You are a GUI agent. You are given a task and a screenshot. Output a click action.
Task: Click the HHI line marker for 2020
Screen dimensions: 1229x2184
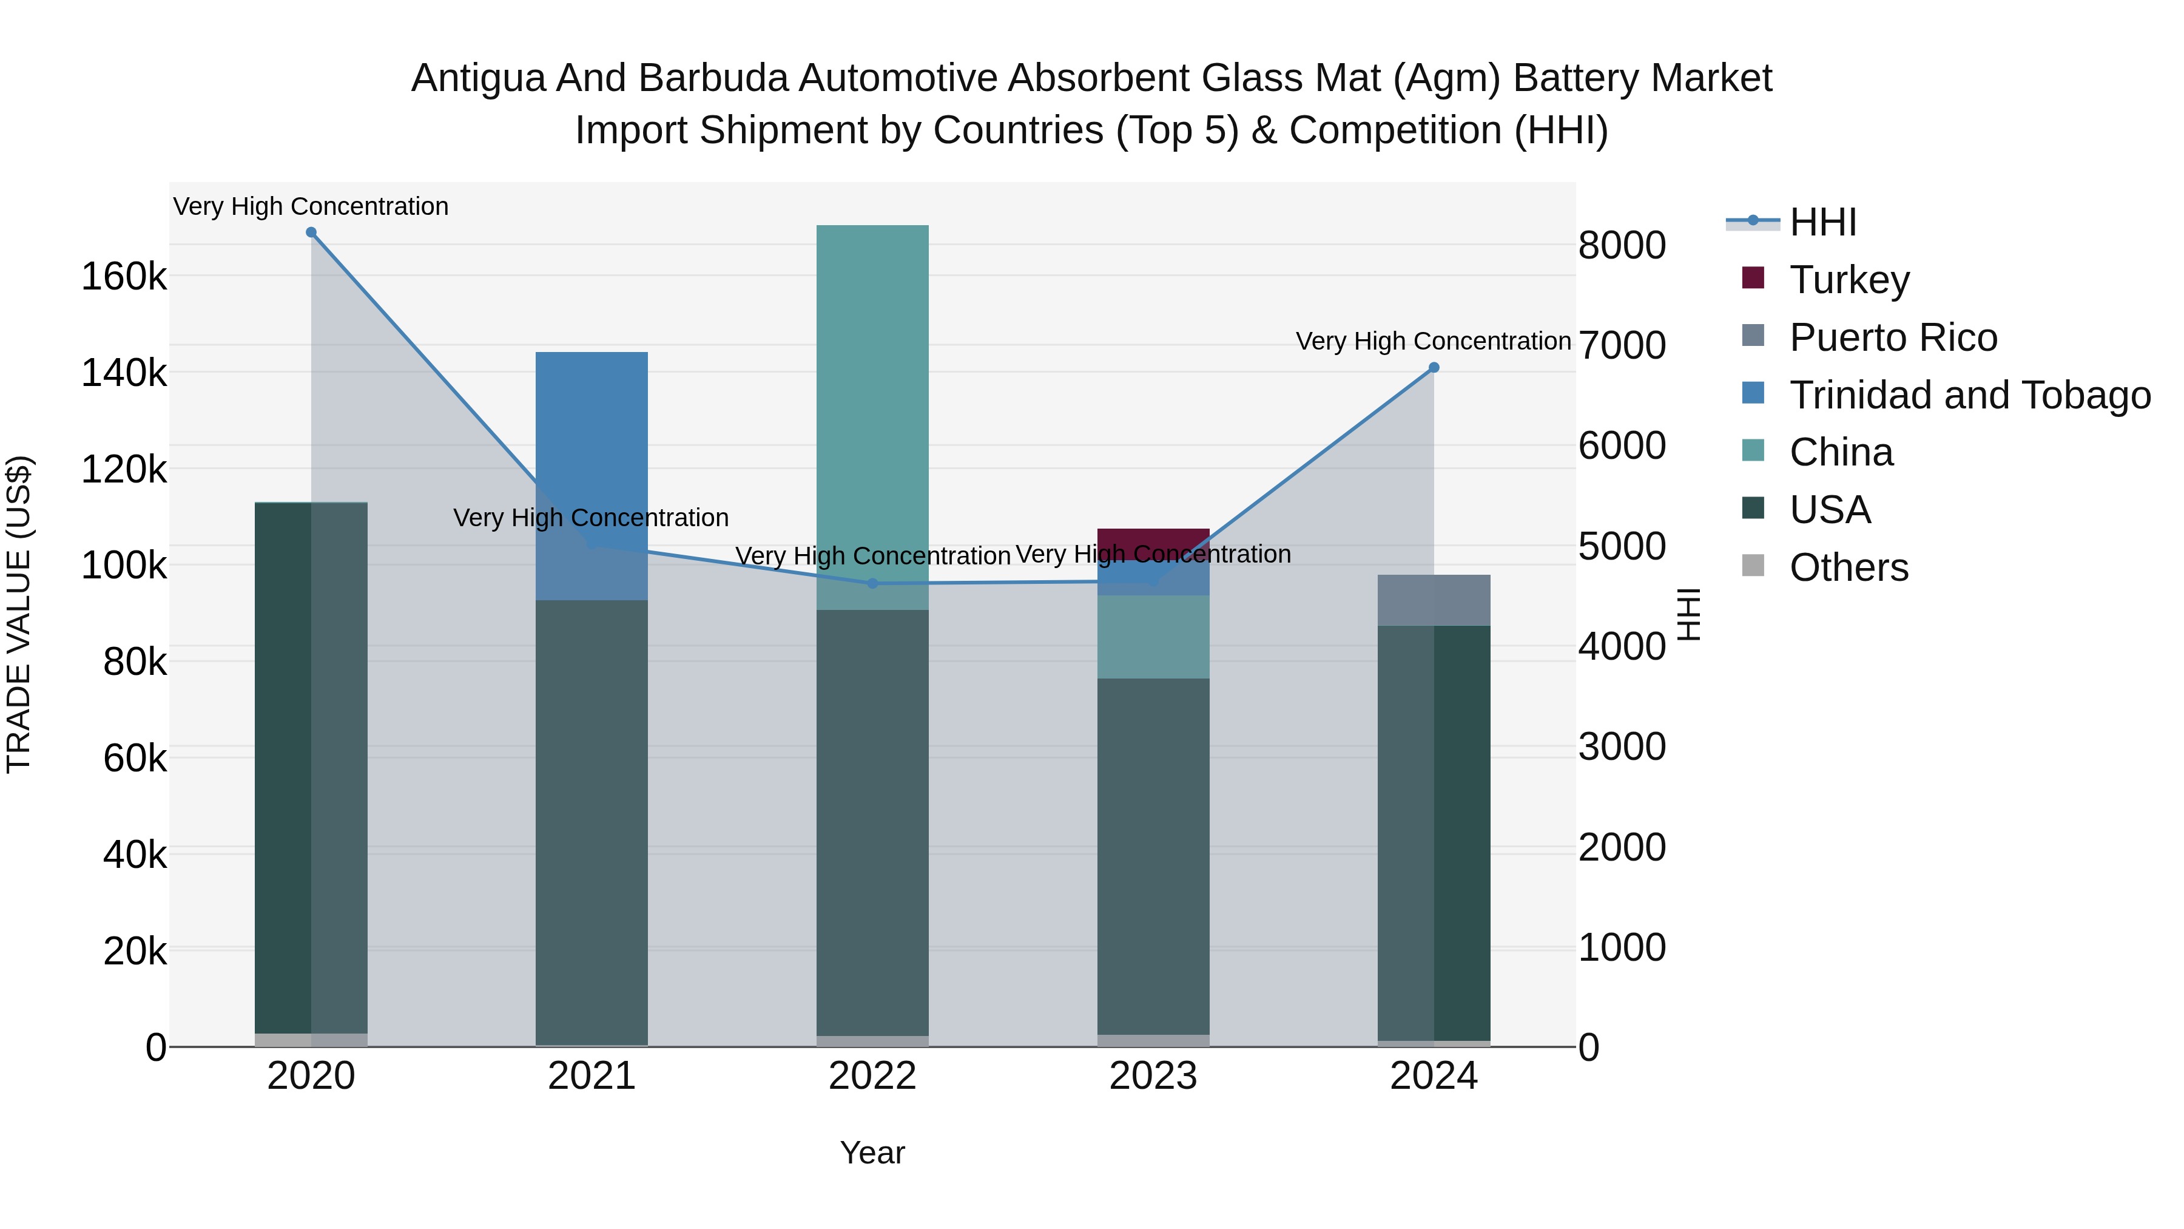point(311,232)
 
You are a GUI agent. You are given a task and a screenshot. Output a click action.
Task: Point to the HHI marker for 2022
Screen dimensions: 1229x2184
point(872,583)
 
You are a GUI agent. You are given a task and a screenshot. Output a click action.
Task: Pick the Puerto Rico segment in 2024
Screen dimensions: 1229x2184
point(1434,600)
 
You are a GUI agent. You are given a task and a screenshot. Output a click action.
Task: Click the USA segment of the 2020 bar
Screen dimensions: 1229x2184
point(283,763)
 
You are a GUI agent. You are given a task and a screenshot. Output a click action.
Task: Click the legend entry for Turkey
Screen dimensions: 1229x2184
point(1849,280)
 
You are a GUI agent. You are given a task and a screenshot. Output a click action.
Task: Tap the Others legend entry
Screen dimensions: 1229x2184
point(1849,567)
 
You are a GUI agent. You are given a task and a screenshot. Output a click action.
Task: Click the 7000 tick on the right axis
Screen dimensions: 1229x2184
point(1622,345)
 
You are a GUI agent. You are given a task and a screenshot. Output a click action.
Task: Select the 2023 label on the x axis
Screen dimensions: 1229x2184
point(1153,1076)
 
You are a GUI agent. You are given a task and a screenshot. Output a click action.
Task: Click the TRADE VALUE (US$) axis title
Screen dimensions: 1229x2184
point(19,614)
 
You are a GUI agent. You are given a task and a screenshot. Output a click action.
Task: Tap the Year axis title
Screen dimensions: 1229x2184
point(872,1153)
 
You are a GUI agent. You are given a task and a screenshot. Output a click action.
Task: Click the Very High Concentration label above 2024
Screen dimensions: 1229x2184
point(1433,341)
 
